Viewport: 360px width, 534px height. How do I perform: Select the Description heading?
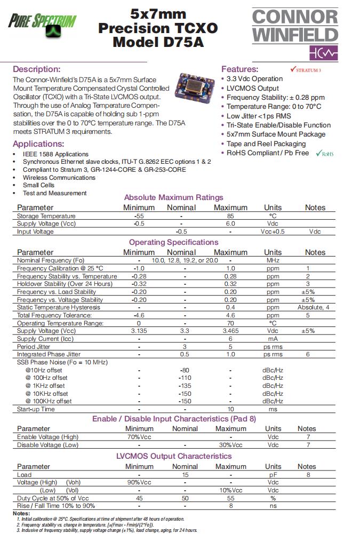[x=37, y=69]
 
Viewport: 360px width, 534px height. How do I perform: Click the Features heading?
[x=239, y=69]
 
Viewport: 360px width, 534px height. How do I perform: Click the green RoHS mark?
[x=324, y=154]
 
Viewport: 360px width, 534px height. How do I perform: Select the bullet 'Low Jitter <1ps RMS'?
[x=259, y=116]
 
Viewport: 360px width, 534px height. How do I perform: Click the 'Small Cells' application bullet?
[x=38, y=185]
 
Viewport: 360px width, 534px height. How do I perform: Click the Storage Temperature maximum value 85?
[x=230, y=216]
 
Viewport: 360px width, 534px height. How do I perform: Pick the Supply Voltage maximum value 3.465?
[x=230, y=331]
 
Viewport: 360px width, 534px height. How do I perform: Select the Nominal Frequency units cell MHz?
[x=273, y=260]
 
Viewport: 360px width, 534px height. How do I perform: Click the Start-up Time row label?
[x=36, y=409]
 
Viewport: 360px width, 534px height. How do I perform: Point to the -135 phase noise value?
[x=185, y=386]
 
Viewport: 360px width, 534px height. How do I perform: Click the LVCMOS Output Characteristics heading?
[x=174, y=456]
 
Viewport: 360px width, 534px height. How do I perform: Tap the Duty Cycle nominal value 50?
[x=185, y=498]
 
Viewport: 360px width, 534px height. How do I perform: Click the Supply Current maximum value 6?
[x=230, y=339]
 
